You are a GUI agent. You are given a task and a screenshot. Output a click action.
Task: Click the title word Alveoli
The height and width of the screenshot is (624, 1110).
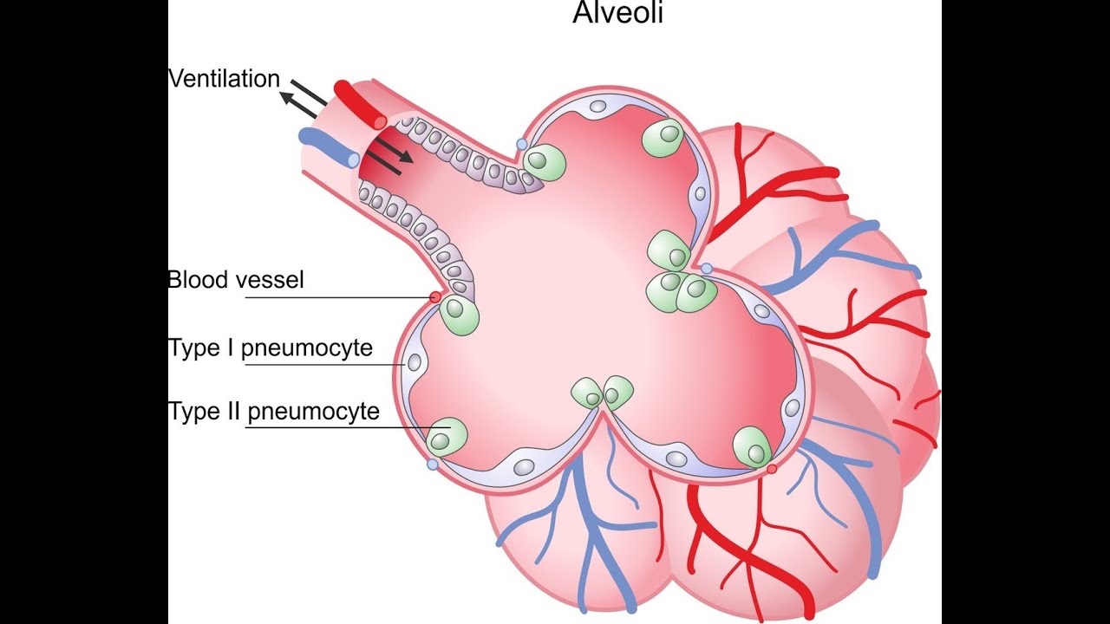tap(617, 13)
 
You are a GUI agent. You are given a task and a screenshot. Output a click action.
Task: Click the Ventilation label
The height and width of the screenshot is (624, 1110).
tap(224, 79)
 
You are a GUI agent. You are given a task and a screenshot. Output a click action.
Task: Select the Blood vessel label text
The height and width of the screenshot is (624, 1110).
tap(236, 280)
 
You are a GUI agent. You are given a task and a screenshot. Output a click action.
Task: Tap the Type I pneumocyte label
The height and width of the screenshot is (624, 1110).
tap(271, 348)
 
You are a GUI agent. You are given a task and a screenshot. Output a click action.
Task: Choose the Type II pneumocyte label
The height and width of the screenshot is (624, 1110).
tap(274, 411)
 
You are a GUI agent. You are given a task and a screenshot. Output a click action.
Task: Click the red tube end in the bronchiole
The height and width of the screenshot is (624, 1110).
tap(378, 121)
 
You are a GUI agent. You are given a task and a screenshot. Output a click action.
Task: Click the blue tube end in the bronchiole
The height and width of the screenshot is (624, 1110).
tap(351, 159)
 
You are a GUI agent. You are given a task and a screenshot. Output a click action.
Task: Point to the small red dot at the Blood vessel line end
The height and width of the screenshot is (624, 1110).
tap(435, 297)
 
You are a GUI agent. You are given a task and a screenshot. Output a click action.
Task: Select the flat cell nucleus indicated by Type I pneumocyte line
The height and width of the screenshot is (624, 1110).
tap(415, 363)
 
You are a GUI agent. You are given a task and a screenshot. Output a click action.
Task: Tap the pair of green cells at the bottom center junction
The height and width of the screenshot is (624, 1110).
tap(604, 393)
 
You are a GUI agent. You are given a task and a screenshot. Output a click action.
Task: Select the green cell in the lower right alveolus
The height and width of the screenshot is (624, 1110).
tap(752, 447)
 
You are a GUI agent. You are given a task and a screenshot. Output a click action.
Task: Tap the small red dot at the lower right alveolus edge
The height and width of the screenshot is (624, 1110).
tap(772, 469)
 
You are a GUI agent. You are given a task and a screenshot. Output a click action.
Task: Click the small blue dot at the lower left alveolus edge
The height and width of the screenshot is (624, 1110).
tap(433, 465)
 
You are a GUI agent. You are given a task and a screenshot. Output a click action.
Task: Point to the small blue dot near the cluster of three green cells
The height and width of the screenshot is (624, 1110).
tap(707, 269)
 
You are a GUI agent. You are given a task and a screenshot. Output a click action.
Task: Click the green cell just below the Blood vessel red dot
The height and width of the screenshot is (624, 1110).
tap(460, 316)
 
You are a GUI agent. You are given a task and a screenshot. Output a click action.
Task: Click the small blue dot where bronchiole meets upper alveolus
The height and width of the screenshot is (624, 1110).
tap(521, 144)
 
